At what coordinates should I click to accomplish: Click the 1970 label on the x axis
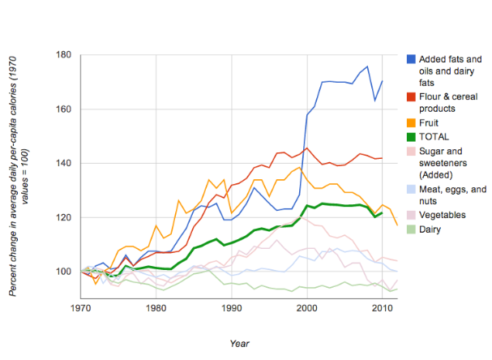point(80,309)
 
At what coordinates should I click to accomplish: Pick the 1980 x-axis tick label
point(156,309)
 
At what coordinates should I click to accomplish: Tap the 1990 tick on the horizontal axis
point(232,309)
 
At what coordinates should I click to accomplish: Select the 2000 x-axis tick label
point(307,309)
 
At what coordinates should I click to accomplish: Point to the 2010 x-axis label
point(383,309)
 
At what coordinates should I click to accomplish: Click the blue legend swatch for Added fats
point(411,59)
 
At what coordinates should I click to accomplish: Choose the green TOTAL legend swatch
point(411,137)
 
